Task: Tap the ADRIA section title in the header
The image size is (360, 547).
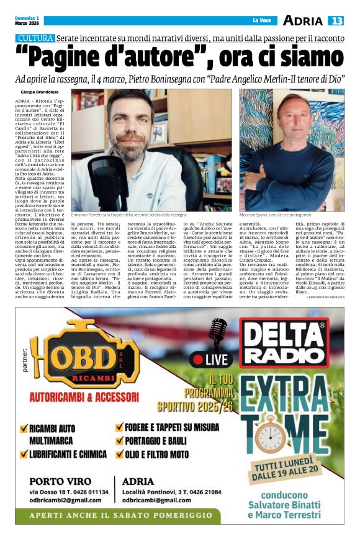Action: point(303,20)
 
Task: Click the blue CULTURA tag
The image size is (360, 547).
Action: point(35,38)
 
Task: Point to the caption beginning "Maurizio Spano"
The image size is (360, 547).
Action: point(274,214)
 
